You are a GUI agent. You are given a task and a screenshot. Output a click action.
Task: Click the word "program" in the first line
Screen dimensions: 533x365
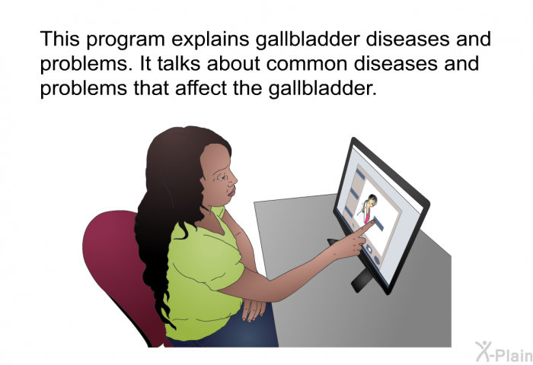coord(126,40)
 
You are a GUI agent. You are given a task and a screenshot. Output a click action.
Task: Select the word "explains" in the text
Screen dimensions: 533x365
coord(210,40)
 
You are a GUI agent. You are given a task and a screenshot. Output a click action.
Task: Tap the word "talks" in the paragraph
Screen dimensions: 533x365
coord(179,63)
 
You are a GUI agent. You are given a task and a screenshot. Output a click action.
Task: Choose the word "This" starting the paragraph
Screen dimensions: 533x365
coord(60,39)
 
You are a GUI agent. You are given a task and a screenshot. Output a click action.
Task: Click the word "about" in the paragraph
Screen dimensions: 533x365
coord(234,63)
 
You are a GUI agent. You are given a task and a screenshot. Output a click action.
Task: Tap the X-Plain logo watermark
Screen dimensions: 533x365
coord(504,351)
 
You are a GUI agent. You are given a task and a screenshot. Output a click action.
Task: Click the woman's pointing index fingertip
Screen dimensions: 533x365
coord(373,222)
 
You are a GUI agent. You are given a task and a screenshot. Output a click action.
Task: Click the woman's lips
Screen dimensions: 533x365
coord(231,192)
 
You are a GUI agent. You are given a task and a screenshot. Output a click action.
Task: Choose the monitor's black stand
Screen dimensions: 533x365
coord(360,279)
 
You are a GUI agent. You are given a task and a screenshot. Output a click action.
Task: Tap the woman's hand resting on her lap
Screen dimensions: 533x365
coord(254,308)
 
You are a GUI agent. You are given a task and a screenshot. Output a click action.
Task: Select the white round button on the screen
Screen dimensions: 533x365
coord(369,249)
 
